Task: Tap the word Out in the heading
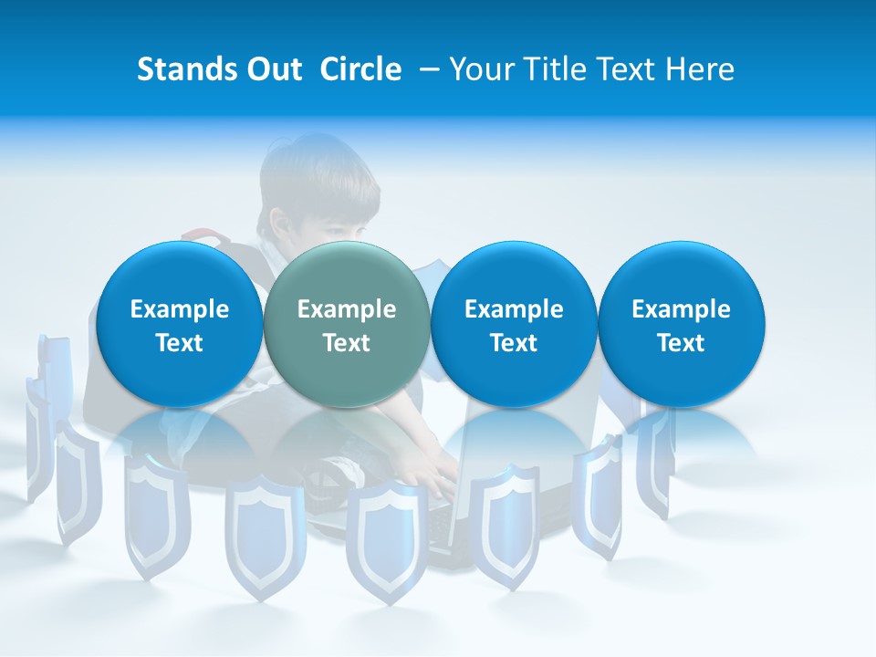click(x=272, y=69)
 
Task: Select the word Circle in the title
click(x=360, y=69)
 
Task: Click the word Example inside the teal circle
click(x=347, y=309)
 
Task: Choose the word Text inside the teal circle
click(x=347, y=343)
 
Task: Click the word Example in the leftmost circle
click(x=180, y=309)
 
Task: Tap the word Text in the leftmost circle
click(x=180, y=343)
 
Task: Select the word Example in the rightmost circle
click(x=681, y=309)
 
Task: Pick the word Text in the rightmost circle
click(x=681, y=343)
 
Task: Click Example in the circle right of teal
click(x=514, y=309)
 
